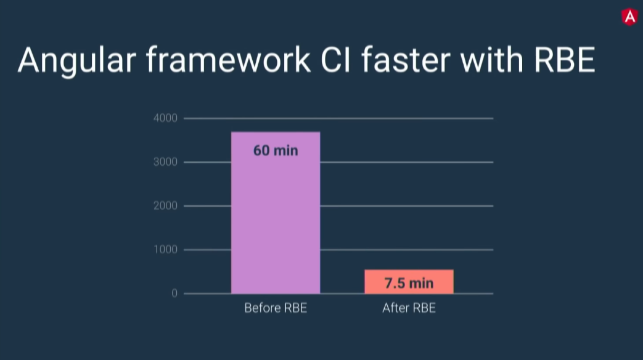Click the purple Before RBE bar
tap(276, 213)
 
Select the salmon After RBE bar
tap(409, 281)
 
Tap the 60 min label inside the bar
tap(276, 150)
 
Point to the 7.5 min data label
tap(409, 283)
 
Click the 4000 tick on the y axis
tap(165, 118)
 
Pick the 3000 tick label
tap(165, 162)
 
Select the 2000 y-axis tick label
tap(165, 205)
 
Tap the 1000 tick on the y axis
tap(165, 249)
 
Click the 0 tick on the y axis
tap(174, 293)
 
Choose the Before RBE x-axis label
tap(276, 308)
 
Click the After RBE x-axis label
tap(409, 308)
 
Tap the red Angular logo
tap(629, 17)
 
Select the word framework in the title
tap(228, 60)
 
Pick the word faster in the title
tap(406, 60)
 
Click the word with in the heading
tap(492, 60)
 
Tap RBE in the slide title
tap(564, 60)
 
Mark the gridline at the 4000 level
tap(338, 118)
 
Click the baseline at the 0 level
tap(338, 293)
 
